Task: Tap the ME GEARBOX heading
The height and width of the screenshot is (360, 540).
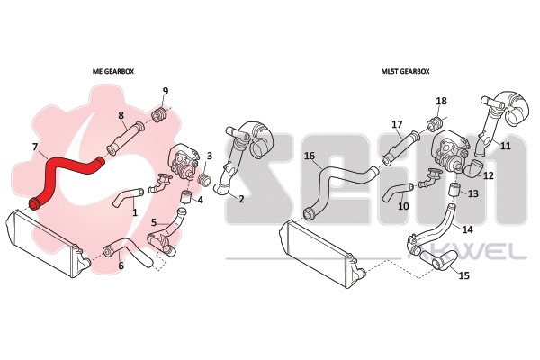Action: pyautogui.click(x=113, y=71)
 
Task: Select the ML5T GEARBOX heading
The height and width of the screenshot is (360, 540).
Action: pyautogui.click(x=405, y=71)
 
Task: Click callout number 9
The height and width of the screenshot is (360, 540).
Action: pyautogui.click(x=166, y=91)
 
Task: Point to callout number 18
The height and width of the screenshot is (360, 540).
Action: pyautogui.click(x=442, y=101)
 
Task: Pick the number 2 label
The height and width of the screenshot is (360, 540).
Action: pyautogui.click(x=241, y=199)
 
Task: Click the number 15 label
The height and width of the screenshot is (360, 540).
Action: pyautogui.click(x=464, y=275)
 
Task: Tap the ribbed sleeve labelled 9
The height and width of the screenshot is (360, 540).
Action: pyautogui.click(x=159, y=114)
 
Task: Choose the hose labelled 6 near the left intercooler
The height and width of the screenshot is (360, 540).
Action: pyautogui.click(x=128, y=253)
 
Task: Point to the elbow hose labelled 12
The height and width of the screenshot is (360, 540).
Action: pyautogui.click(x=472, y=169)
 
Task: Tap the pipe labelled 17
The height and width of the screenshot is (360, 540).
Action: pyautogui.click(x=401, y=148)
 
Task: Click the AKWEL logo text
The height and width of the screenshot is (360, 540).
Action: pyautogui.click(x=467, y=253)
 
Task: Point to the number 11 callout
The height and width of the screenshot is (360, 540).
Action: pyautogui.click(x=505, y=146)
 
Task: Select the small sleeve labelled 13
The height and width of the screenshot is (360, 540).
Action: pyautogui.click(x=454, y=190)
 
